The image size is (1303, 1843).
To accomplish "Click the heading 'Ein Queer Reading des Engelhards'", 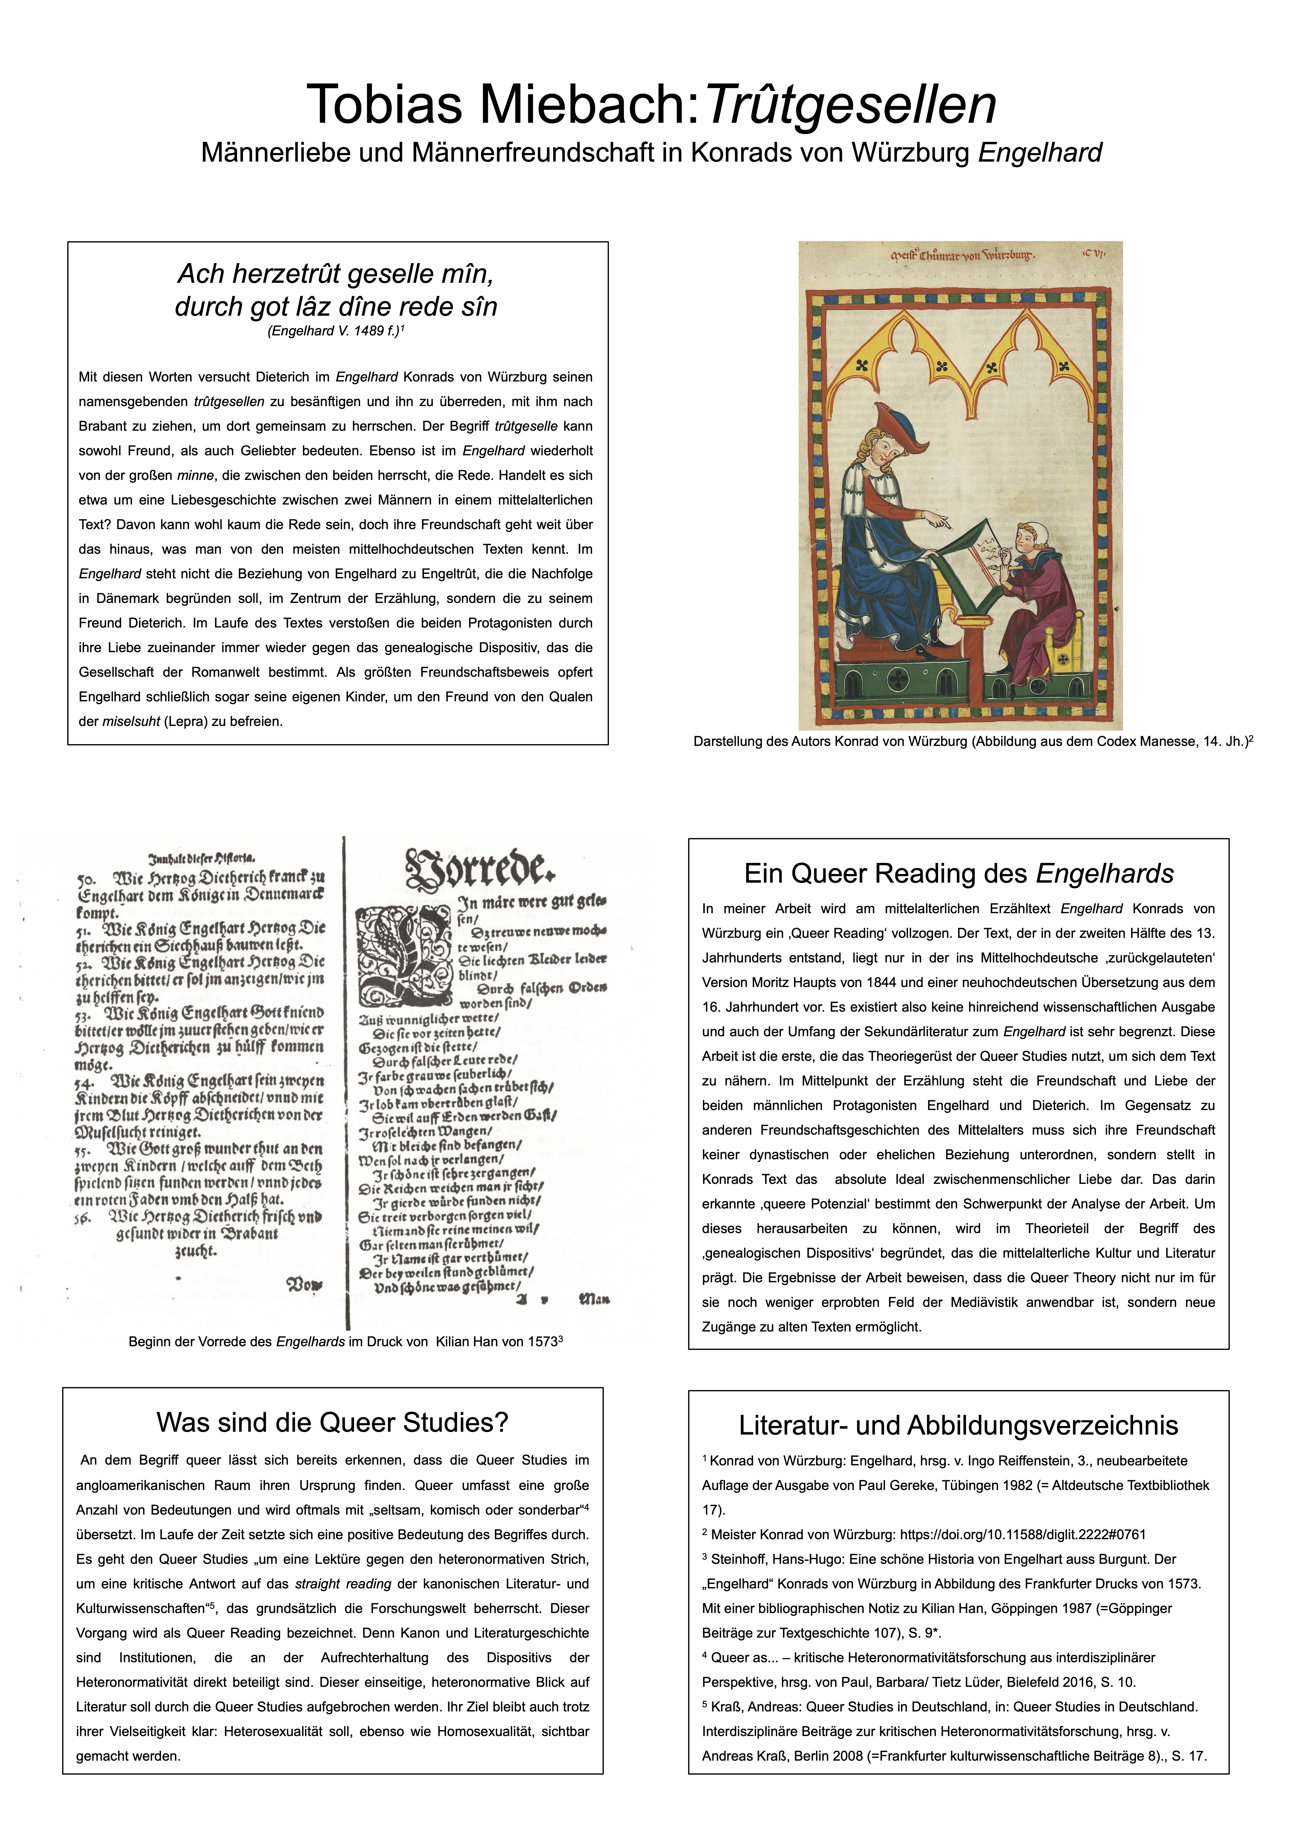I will [958, 873].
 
